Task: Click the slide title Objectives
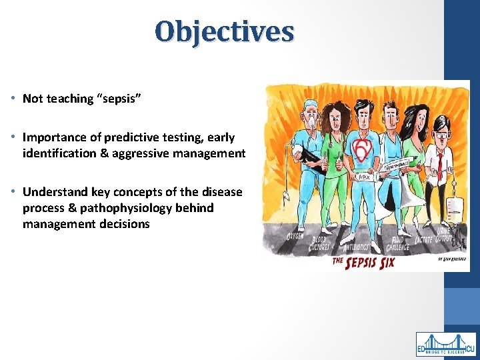(x=224, y=31)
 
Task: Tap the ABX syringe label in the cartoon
(x=364, y=177)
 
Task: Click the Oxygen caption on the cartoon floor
(x=294, y=237)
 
